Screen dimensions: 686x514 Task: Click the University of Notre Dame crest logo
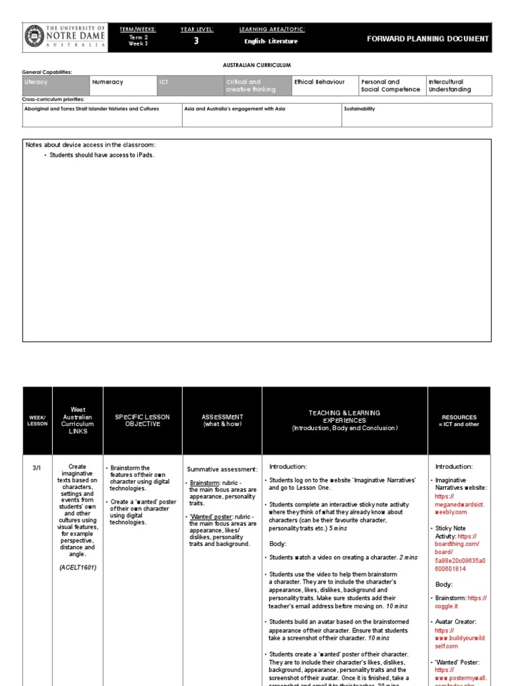33,38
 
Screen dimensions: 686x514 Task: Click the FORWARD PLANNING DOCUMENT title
428,39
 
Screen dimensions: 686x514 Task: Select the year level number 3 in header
196,41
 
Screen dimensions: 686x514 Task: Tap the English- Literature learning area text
271,42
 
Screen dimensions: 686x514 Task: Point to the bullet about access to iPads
102,155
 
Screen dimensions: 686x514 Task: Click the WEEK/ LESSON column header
37,421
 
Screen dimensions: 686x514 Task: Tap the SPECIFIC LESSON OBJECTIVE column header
143,421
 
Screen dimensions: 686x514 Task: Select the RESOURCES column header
459,421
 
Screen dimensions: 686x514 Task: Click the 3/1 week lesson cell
37,468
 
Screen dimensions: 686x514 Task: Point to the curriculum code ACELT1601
78,567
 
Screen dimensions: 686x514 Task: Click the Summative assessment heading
222,470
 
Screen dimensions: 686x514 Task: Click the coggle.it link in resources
447,606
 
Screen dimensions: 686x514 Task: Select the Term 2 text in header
138,38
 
